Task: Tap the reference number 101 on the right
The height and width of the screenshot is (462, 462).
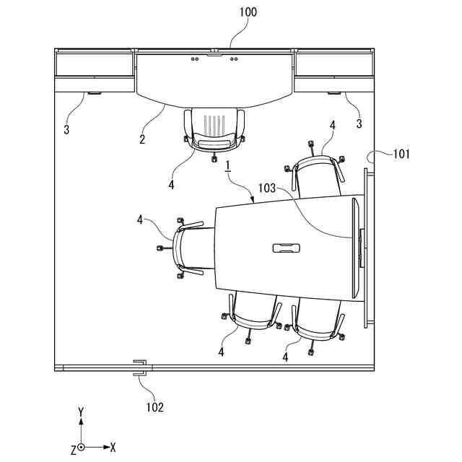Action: pyautogui.click(x=401, y=153)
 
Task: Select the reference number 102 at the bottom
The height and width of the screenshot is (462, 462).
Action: pyautogui.click(x=155, y=407)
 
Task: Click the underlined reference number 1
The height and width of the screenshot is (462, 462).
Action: pyautogui.click(x=227, y=167)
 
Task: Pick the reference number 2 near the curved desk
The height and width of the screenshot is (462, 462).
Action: pyautogui.click(x=142, y=139)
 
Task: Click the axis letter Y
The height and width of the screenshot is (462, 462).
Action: pyautogui.click(x=82, y=412)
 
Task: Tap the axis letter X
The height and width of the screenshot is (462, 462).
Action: pyautogui.click(x=113, y=448)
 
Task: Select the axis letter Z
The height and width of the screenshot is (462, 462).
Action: pyautogui.click(x=73, y=450)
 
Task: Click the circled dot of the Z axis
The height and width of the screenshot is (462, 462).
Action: pyautogui.click(x=82, y=448)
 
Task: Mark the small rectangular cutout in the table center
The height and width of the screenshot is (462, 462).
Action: pyautogui.click(x=287, y=249)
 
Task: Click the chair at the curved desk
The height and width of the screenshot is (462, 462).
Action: pyautogui.click(x=214, y=130)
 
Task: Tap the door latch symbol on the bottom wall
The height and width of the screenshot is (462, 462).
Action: pyautogui.click(x=139, y=367)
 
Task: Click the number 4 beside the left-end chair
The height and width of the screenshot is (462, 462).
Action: pyautogui.click(x=139, y=219)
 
